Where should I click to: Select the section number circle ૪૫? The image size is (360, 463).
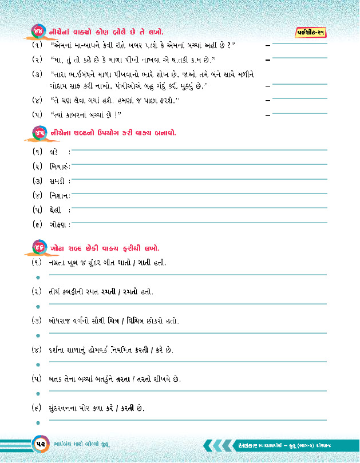(38, 133)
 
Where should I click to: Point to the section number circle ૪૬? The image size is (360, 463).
(38, 248)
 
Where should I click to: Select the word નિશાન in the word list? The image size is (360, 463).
(58, 196)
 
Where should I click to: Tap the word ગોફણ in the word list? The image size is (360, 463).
(58, 225)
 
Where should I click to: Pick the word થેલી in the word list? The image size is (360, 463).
(56, 210)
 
